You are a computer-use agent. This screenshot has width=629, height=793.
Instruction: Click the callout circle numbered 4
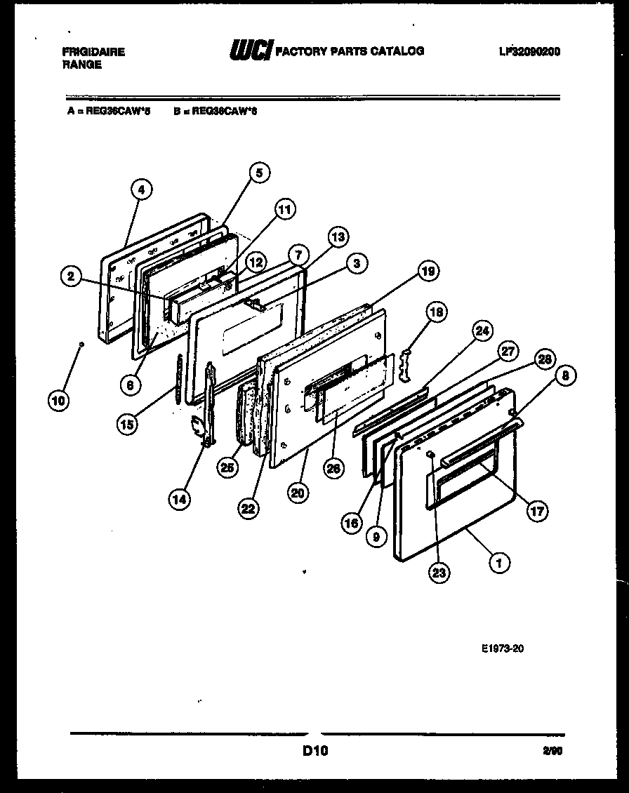(x=142, y=189)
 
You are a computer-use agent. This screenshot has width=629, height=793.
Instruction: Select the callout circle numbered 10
(x=59, y=401)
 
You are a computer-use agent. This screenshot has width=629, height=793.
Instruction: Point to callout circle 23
(x=438, y=573)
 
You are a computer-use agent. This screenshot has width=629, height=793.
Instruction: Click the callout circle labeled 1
(x=499, y=561)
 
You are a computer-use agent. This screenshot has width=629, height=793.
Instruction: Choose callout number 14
(x=179, y=499)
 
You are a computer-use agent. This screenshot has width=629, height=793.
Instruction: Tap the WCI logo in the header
(x=250, y=51)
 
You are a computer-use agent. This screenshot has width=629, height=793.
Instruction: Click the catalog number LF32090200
(x=529, y=51)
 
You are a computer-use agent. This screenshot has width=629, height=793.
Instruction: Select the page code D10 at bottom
(x=315, y=751)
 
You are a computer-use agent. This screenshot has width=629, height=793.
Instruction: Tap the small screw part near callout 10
(x=82, y=344)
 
